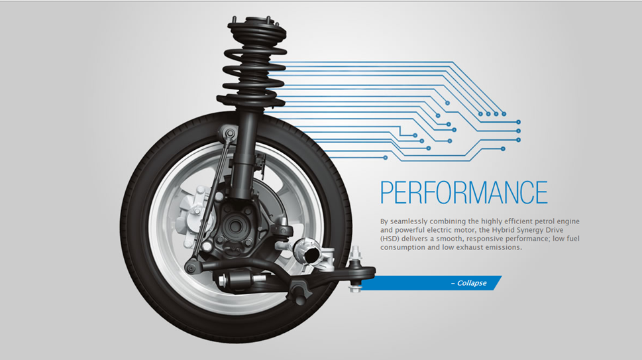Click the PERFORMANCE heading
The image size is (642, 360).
[464, 192]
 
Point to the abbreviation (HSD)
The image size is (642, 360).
[391, 239]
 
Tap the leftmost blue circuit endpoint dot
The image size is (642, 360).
[386, 157]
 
